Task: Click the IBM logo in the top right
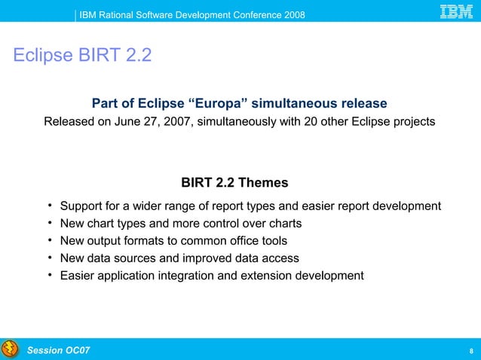pyautogui.click(x=456, y=12)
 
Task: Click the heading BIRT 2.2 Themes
pyautogui.click(x=234, y=183)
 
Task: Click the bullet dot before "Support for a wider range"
pyautogui.click(x=48, y=206)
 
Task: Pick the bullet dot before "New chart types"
pyautogui.click(x=48, y=223)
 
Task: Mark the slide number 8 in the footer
pyautogui.click(x=470, y=351)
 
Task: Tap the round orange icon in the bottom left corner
pyautogui.click(x=10, y=349)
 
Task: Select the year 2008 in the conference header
pyautogui.click(x=293, y=17)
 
